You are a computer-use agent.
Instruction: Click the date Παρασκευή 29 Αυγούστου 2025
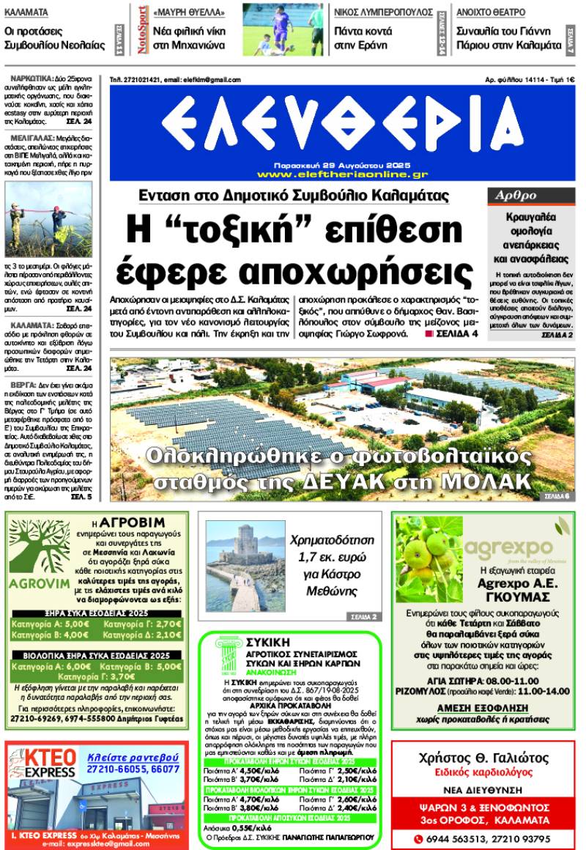pos(342,166)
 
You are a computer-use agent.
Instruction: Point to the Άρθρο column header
pos(516,196)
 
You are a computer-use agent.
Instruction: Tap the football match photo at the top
pos(283,29)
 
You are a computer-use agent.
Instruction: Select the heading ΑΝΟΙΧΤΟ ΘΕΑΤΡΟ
pos(491,12)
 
